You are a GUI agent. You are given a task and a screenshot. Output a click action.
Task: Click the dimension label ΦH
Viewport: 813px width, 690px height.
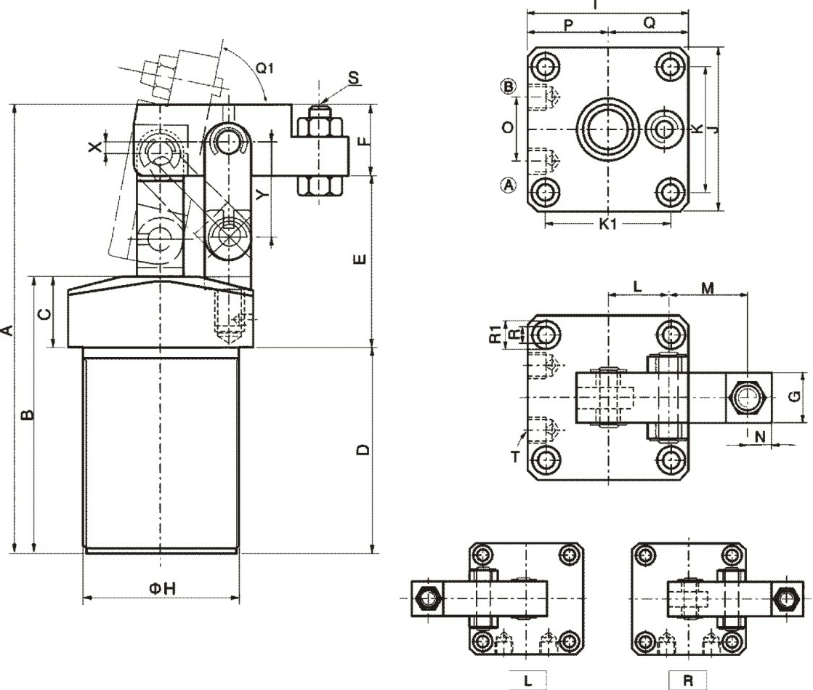click(162, 588)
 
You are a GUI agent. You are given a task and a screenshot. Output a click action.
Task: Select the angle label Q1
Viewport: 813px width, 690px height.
click(265, 69)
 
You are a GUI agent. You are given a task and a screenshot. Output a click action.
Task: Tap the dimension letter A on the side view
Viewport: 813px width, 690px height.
click(7, 331)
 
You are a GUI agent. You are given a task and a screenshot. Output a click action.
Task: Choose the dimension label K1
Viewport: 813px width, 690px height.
click(608, 224)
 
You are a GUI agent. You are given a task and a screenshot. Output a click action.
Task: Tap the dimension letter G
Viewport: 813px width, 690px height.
click(795, 396)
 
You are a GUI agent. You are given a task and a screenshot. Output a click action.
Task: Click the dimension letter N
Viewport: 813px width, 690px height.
click(760, 436)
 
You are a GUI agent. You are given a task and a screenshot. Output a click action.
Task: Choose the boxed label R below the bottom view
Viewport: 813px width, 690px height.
click(687, 681)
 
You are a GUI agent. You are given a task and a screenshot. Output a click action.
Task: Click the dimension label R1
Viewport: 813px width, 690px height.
click(494, 334)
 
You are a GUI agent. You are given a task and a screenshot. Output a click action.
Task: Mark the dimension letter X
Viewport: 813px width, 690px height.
click(94, 147)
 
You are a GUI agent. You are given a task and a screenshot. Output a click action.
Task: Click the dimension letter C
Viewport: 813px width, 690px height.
click(44, 313)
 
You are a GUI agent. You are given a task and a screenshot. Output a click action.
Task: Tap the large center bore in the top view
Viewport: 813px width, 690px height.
click(608, 130)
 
